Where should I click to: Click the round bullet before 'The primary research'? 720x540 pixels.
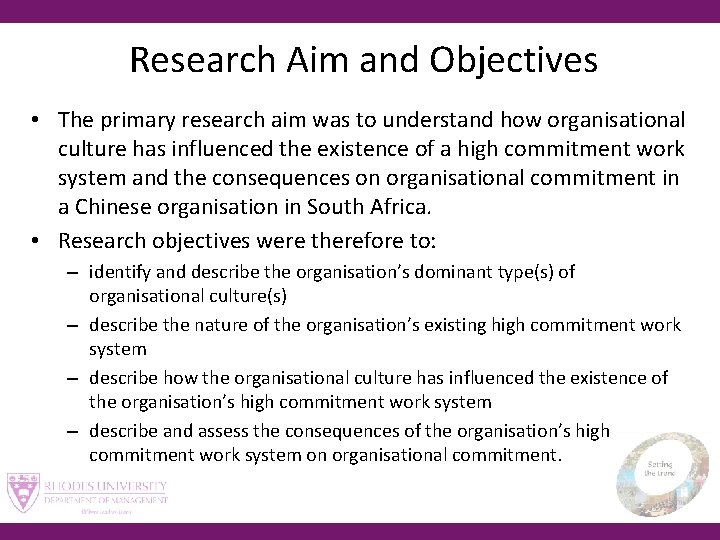(34, 121)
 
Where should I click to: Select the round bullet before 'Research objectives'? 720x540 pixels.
(34, 242)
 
